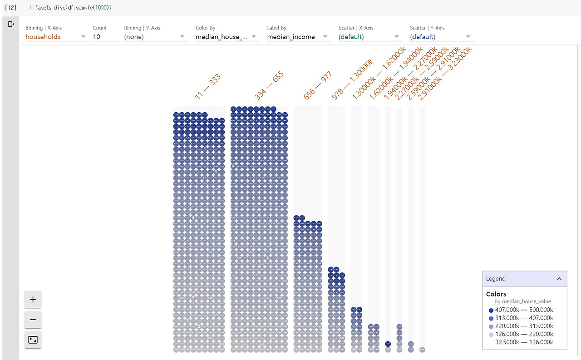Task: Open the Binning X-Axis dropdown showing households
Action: pos(56,37)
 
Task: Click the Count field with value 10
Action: pos(106,37)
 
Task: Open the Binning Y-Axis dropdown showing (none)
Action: pos(155,37)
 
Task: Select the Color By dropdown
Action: pos(227,37)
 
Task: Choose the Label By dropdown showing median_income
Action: pos(298,37)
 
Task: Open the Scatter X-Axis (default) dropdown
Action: pos(369,37)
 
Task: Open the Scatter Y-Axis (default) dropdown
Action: pos(441,37)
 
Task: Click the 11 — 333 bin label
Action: pos(208,87)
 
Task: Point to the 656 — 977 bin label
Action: pos(318,85)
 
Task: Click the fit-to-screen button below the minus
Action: pos(33,340)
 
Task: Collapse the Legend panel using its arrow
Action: pos(559,279)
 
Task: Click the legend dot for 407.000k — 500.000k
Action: pos(491,310)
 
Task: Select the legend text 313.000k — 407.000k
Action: pos(524,318)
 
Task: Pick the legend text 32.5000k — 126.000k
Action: pos(524,342)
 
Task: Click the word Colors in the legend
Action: pos(496,294)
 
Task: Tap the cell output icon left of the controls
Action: pos(11,24)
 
